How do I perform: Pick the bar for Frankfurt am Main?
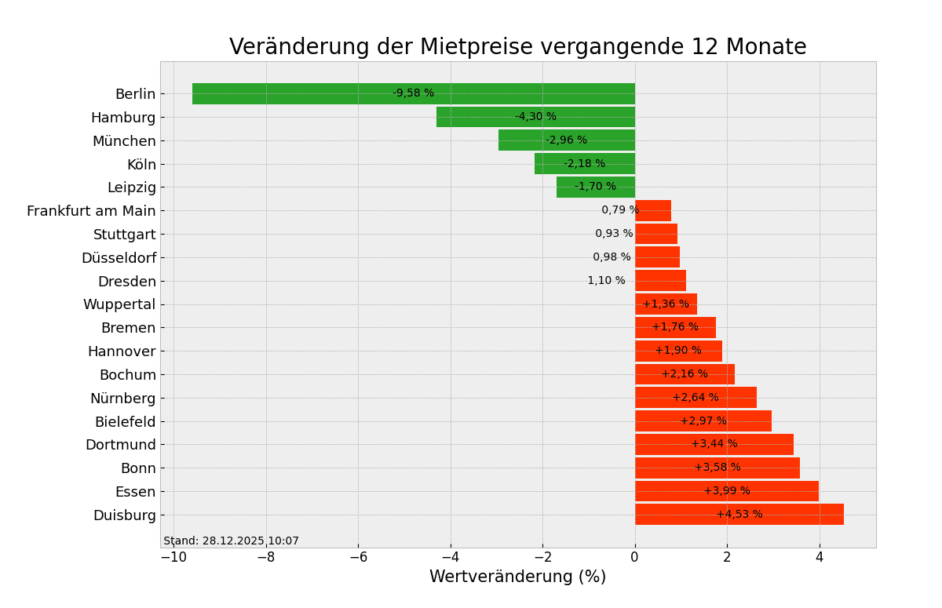(x=653, y=210)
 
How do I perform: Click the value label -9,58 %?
(x=413, y=93)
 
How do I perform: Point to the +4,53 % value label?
(x=739, y=515)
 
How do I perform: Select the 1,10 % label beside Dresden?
(x=606, y=281)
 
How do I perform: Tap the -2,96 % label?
(x=566, y=140)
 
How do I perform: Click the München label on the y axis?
(x=124, y=141)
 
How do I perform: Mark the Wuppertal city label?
(x=119, y=304)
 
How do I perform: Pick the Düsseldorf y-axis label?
(x=119, y=258)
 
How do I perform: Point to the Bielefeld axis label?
(x=125, y=422)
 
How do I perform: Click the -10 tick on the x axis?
(x=173, y=558)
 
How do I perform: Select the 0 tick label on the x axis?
(x=635, y=558)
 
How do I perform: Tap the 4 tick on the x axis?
(x=820, y=558)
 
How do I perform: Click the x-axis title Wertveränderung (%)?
(x=517, y=577)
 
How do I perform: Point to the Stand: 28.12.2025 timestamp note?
(x=231, y=541)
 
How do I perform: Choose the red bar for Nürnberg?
(x=696, y=398)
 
